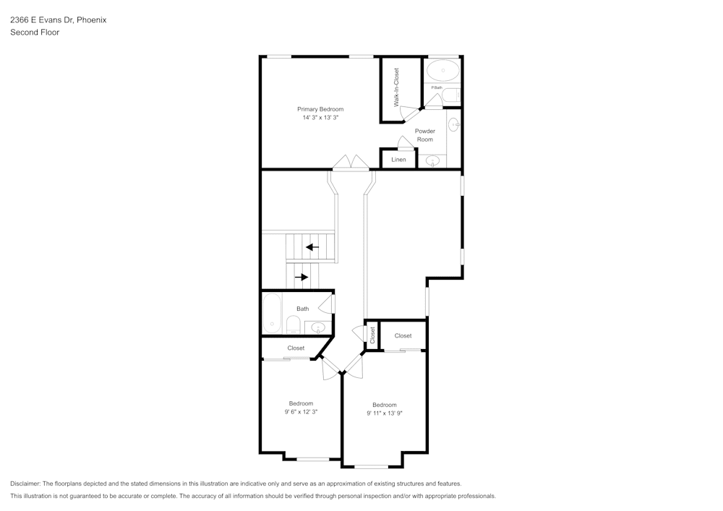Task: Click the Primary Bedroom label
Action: pos(320,109)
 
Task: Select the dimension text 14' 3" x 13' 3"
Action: pos(320,118)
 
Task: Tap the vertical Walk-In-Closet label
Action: pos(396,87)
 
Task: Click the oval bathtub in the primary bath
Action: pos(442,71)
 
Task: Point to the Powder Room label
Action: pos(424,135)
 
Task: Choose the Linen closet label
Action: pos(398,159)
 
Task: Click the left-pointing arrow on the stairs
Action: pos(312,247)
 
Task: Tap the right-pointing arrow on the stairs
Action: pos(301,277)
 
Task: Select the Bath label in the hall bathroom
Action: pos(302,309)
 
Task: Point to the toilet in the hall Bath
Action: pos(294,323)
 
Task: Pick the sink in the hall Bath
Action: pos(318,327)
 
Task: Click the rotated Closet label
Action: pos(372,335)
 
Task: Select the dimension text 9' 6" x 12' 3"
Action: pos(301,411)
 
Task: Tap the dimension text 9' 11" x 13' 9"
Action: pos(384,413)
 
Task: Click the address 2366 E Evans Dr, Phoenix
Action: pos(58,20)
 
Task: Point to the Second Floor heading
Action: pos(35,33)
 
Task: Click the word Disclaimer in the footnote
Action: pos(25,484)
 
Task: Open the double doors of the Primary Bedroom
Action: pos(351,163)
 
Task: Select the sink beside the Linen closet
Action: pos(432,160)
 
